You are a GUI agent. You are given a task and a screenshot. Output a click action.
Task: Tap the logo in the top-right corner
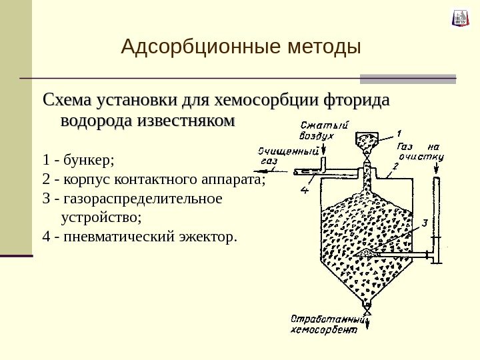pyautogui.click(x=461, y=18)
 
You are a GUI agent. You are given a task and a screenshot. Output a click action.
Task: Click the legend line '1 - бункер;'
pyautogui.click(x=79, y=160)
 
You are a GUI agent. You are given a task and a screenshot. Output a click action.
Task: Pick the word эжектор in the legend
pyautogui.click(x=213, y=236)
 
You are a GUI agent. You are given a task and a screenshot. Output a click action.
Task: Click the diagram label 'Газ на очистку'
pyautogui.click(x=419, y=153)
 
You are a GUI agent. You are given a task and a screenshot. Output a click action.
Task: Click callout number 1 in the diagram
pyautogui.click(x=399, y=132)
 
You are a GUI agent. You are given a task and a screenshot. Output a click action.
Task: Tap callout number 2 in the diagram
pyautogui.click(x=395, y=165)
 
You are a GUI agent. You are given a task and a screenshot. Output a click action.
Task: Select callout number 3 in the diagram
pyautogui.click(x=425, y=222)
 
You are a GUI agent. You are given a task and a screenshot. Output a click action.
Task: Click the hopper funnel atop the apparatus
pyautogui.click(x=365, y=141)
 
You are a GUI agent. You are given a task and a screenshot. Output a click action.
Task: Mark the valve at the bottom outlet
pyautogui.click(x=366, y=308)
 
